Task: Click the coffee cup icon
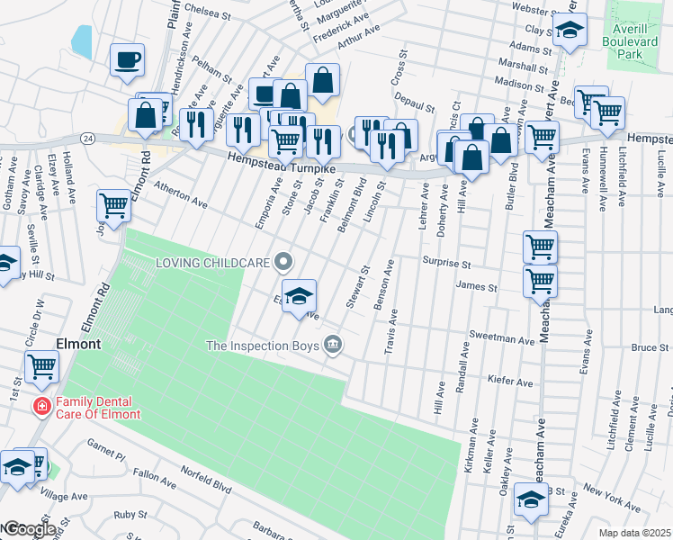[x=127, y=60]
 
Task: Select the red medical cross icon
[x=41, y=408]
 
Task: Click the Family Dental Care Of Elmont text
[x=98, y=408]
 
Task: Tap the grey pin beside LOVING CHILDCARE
[x=284, y=263]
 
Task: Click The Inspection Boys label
[x=263, y=345]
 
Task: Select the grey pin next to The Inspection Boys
[x=333, y=345]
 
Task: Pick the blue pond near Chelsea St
[x=81, y=40]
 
